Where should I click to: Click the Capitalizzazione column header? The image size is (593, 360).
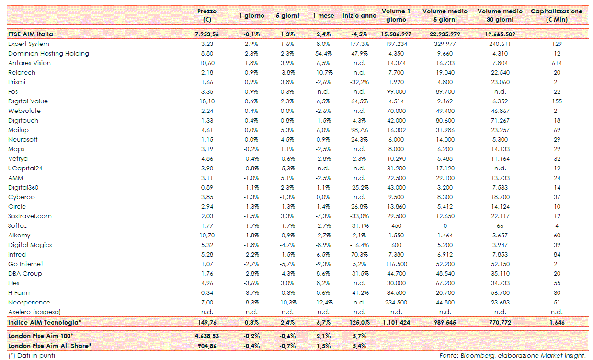click(557, 15)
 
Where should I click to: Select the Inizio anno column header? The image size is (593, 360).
click(359, 16)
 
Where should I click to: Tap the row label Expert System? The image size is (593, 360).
click(29, 44)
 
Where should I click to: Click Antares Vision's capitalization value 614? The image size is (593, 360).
click(557, 63)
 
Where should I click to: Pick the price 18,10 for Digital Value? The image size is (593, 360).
click(207, 101)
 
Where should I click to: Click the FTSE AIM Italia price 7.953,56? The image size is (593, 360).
click(207, 34)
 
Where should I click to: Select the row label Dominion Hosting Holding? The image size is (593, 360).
click(48, 53)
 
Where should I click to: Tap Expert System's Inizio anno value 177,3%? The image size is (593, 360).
click(359, 44)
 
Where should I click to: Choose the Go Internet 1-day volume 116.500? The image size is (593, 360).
click(396, 264)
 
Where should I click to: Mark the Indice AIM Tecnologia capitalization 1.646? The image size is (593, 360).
click(557, 322)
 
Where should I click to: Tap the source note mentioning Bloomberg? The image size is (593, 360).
click(512, 355)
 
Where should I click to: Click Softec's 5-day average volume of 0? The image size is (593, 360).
click(445, 225)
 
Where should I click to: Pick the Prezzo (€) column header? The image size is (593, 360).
click(207, 15)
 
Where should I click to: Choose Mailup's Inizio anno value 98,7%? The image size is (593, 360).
click(359, 130)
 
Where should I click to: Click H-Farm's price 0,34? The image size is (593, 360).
click(207, 292)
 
